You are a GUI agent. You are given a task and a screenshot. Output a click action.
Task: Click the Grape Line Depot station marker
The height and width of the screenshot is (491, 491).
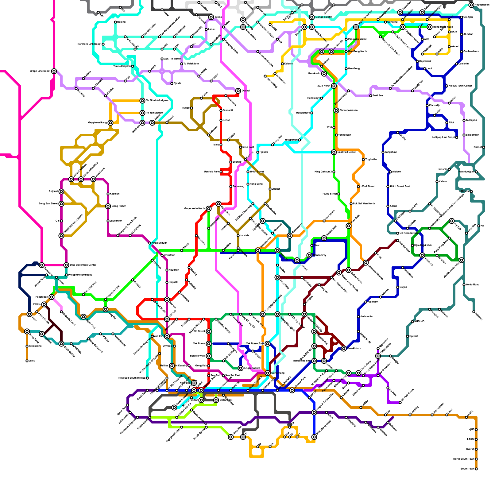tap(54, 71)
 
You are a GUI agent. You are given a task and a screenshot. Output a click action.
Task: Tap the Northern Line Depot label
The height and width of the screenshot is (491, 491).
tap(90, 44)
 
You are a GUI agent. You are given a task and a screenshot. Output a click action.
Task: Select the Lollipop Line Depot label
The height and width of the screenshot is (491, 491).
tap(443, 137)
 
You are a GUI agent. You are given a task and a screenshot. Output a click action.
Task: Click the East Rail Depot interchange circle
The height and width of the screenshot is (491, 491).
tap(334, 152)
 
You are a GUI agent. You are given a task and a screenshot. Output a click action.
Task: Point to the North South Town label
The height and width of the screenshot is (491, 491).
tap(464, 459)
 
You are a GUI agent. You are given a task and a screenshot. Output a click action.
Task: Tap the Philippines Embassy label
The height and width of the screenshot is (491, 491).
tap(80, 275)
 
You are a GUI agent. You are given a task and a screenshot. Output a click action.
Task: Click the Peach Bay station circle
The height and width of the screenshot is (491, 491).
tap(52, 297)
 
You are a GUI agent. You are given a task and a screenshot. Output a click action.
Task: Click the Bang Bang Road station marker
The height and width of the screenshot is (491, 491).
tap(430, 27)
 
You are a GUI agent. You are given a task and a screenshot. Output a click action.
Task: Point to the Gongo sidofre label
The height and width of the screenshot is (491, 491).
tap(324, 17)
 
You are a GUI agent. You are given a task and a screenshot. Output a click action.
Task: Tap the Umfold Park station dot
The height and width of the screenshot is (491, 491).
tap(221, 172)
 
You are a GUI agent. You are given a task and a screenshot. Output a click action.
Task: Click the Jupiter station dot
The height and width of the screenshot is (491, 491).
tap(270, 189)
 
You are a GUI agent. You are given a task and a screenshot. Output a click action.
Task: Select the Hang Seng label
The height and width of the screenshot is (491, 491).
tap(257, 184)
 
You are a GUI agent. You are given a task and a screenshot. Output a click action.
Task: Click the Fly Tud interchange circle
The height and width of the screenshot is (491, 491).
tap(452, 221)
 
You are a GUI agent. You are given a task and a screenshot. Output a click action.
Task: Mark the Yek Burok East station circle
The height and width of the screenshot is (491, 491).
tap(268, 344)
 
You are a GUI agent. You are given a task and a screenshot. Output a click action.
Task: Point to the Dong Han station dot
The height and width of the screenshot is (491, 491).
tap(273, 145)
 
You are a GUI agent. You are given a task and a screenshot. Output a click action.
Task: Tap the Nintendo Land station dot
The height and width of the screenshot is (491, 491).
tap(61, 312)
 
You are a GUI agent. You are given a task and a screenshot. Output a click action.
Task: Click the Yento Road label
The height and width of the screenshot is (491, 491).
tap(473, 285)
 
